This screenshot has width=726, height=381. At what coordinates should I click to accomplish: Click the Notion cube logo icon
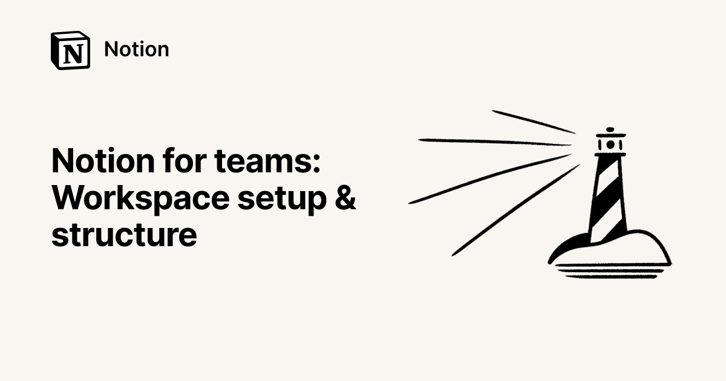[x=70, y=50]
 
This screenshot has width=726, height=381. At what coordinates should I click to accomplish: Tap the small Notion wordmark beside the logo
[x=137, y=49]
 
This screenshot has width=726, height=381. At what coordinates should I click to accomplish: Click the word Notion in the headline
[x=103, y=161]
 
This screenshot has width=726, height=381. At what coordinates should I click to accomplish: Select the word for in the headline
[x=185, y=160]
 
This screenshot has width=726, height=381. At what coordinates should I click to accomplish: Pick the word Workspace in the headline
[x=140, y=198]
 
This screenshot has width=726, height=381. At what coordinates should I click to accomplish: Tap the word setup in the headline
[x=282, y=200]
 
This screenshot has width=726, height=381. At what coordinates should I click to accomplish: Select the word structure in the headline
[x=124, y=234]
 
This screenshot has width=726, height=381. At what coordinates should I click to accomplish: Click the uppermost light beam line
[x=534, y=122]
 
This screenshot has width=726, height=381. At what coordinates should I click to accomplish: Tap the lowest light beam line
[x=515, y=210]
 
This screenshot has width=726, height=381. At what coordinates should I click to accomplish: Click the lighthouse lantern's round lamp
[x=610, y=145]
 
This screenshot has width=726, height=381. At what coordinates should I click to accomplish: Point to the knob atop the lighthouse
[x=610, y=129]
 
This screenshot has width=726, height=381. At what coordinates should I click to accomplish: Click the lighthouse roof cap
[x=611, y=135]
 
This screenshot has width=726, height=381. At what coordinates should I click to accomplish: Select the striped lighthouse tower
[x=608, y=199]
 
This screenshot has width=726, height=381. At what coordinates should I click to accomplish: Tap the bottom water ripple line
[x=611, y=277]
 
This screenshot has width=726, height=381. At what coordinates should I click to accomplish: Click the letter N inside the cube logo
[x=73, y=54]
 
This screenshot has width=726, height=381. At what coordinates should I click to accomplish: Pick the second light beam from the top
[x=495, y=142]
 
